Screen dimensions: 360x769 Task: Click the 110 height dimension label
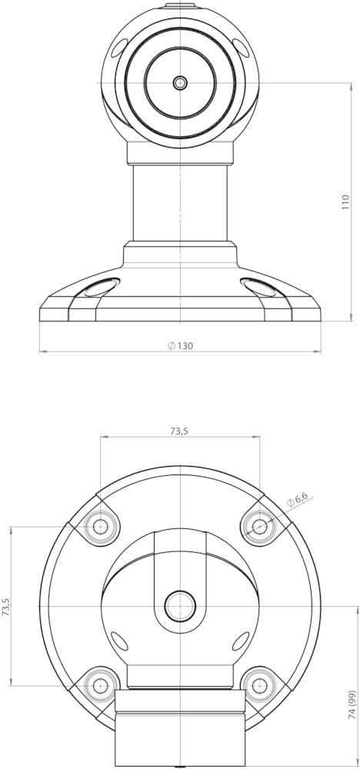click(345, 202)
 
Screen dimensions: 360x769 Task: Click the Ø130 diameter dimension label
click(180, 345)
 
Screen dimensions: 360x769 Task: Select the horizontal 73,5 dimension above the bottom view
click(179, 431)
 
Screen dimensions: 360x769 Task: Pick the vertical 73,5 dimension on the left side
click(6, 606)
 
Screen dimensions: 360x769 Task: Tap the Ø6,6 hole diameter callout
click(297, 501)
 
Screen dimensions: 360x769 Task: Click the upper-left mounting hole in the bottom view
click(101, 526)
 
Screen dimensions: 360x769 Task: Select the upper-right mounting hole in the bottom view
click(259, 526)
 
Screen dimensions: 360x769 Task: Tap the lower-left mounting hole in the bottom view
click(101, 685)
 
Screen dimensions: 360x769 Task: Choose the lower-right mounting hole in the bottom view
click(259, 685)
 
